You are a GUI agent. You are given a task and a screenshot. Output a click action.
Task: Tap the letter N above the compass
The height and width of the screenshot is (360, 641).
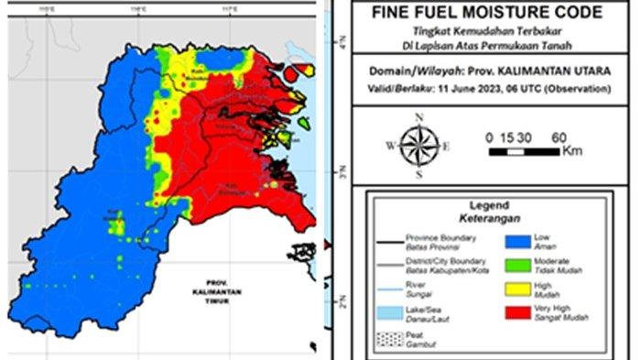418,117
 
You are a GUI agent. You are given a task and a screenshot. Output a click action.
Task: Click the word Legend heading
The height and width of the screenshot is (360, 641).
488,205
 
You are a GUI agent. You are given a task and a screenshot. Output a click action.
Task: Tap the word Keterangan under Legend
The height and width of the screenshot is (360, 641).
488,219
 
